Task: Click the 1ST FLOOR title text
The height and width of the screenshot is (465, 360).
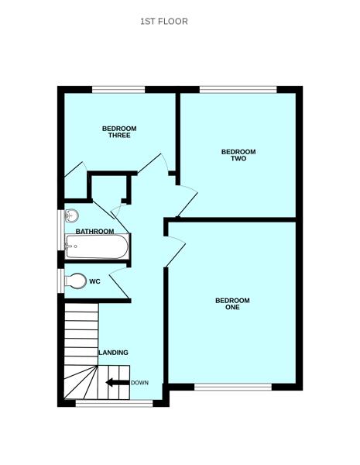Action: click(163, 21)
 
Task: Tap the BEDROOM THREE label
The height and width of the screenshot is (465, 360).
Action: click(119, 132)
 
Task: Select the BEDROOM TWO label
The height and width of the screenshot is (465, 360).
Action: click(238, 155)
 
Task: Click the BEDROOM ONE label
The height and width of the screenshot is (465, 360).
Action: click(232, 304)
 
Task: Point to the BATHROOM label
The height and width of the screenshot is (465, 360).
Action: click(95, 232)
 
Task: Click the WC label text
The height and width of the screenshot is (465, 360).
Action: click(94, 281)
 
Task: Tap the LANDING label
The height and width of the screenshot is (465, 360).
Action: click(113, 353)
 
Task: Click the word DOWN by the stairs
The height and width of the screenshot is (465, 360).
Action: click(139, 383)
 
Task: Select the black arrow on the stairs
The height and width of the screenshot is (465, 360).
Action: click(117, 382)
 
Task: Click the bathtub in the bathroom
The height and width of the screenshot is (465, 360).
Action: click(96, 248)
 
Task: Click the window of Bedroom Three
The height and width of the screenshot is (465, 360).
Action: click(118, 89)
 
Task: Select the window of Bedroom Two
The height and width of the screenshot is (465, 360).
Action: click(238, 89)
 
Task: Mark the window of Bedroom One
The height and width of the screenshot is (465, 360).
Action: click(232, 387)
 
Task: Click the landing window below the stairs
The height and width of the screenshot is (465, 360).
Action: click(114, 403)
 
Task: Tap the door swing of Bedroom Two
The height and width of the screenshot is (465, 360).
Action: click(185, 202)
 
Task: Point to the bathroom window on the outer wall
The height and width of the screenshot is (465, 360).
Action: click(60, 230)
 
